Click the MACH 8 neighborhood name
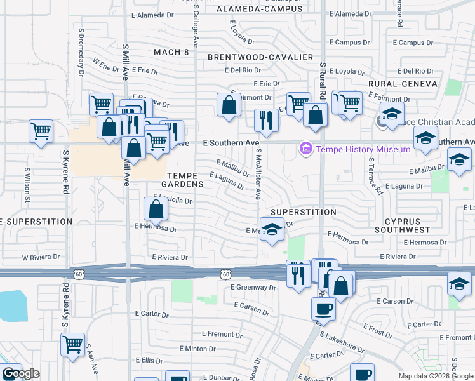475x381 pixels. point(171,52)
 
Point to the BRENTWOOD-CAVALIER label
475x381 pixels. point(260,57)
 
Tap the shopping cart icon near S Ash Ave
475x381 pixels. point(73,344)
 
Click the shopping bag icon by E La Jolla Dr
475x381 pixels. point(156,208)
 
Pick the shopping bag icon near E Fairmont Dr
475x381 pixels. point(229,104)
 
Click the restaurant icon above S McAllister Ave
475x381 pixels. point(265,119)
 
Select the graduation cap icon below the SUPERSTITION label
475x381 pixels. point(272,229)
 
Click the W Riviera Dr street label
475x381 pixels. point(41,258)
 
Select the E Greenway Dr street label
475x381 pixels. point(254,287)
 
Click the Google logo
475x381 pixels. point(21,374)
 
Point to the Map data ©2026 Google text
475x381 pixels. point(435,376)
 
